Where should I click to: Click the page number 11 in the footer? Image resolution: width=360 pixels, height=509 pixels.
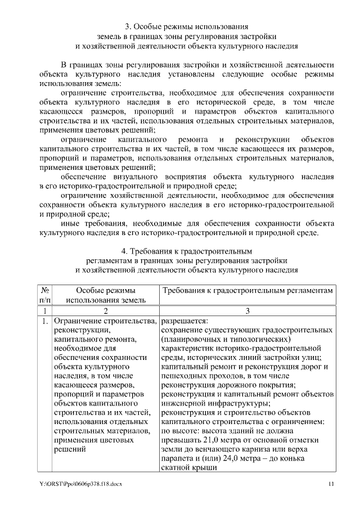pos(332,484)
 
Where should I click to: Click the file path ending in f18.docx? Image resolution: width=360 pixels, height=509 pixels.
pos(81,484)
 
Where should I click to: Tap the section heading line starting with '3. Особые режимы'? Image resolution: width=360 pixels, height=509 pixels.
pos(186,26)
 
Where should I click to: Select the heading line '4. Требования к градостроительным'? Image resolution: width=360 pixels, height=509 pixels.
pos(186,250)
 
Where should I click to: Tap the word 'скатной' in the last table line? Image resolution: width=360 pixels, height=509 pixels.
pos(176,469)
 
